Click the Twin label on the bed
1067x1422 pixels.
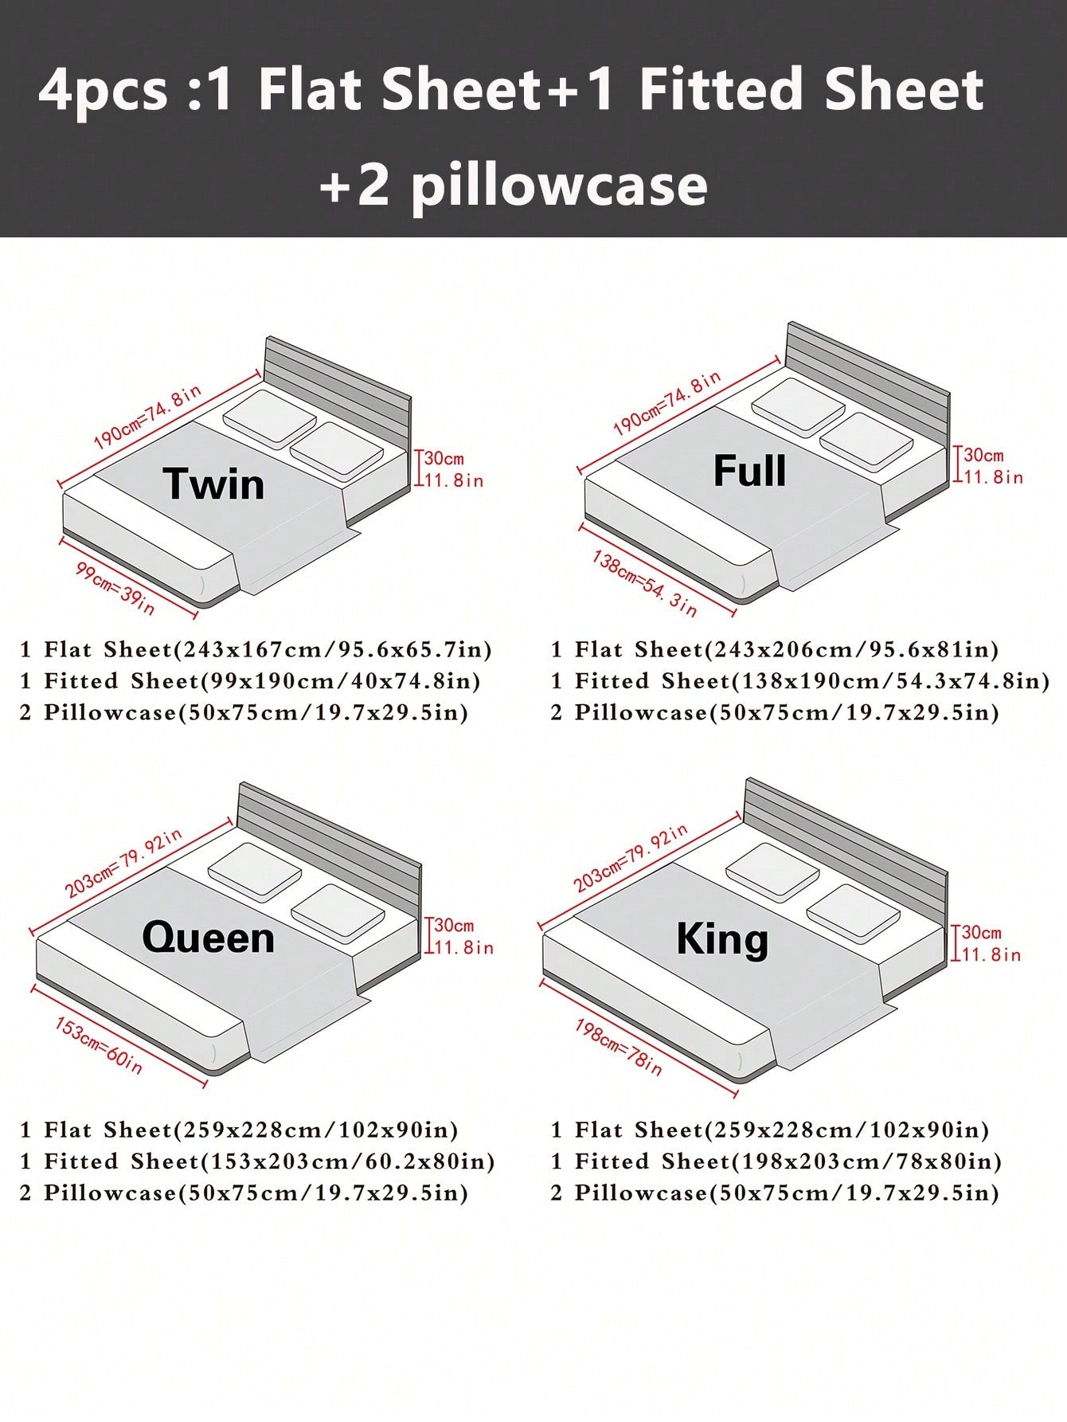[x=213, y=484]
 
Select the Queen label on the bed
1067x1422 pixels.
[x=209, y=937]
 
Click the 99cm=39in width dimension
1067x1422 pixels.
[x=115, y=587]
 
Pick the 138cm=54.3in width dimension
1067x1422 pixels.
[x=644, y=583]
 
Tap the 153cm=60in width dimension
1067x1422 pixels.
[x=99, y=1044]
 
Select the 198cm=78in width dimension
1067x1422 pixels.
[x=619, y=1047]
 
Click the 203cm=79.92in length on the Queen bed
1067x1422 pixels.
[x=123, y=863]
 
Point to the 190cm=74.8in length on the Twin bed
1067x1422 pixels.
[x=147, y=417]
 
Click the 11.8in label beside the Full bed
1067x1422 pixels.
[x=994, y=477]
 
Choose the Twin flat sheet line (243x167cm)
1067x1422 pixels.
[x=256, y=649]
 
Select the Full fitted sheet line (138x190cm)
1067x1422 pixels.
[x=800, y=680]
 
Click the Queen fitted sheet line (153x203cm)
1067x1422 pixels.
[x=257, y=1161]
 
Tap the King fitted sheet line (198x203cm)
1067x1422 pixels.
[x=776, y=1161]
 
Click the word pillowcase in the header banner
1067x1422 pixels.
[x=559, y=185]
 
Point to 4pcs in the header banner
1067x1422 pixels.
[x=103, y=92]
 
